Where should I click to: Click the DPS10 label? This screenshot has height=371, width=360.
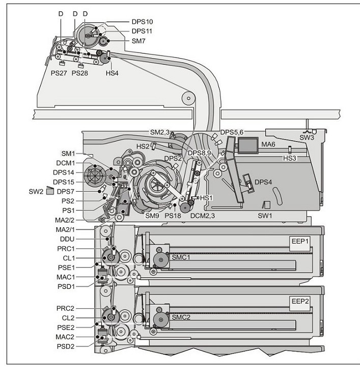(x=142, y=22)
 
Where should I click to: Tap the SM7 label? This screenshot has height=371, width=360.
(x=139, y=41)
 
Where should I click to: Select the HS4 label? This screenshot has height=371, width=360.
(x=112, y=73)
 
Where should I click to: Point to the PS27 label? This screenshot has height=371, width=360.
(x=59, y=73)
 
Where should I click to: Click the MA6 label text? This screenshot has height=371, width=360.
(x=268, y=144)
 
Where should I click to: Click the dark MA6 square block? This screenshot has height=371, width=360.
(x=247, y=145)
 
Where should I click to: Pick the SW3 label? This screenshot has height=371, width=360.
(x=307, y=138)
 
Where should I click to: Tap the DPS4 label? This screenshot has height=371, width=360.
(x=263, y=182)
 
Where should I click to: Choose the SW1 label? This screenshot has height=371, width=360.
(x=265, y=216)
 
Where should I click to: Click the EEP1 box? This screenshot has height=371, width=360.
(x=300, y=244)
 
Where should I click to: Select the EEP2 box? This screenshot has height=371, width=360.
(x=300, y=303)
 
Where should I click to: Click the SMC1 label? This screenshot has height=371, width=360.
(x=181, y=257)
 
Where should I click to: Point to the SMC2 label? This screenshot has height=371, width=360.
(x=181, y=317)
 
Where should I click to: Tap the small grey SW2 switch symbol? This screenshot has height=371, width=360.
(x=50, y=191)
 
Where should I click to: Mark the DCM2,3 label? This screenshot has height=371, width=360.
(x=203, y=216)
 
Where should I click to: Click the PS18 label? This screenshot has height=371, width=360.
(x=173, y=216)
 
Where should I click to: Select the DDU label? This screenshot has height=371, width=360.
(x=67, y=239)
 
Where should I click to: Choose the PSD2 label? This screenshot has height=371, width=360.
(x=66, y=347)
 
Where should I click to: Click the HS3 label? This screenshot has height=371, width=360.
(x=290, y=158)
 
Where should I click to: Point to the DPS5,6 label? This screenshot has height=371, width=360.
(x=232, y=132)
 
